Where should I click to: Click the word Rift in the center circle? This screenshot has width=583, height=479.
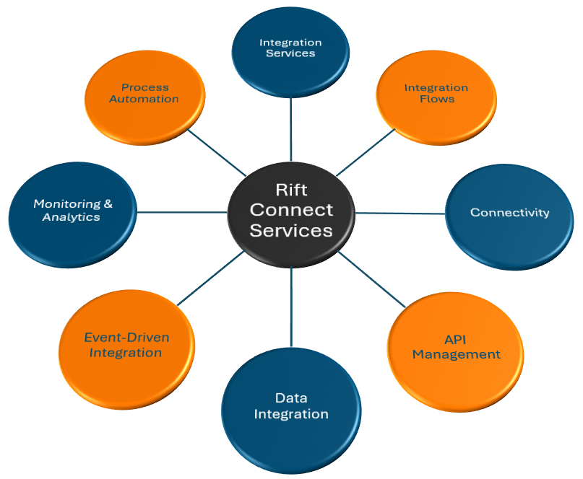[291, 189]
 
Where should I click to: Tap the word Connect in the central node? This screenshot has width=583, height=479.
[291, 210]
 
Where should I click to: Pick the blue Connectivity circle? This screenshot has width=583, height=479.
[509, 213]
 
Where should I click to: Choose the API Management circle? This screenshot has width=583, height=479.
[456, 347]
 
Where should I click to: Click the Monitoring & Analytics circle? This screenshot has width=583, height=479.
[72, 210]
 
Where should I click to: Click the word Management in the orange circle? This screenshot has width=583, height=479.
[456, 354]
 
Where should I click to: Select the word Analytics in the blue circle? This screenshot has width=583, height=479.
[71, 217]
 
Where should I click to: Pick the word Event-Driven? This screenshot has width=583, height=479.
[126, 337]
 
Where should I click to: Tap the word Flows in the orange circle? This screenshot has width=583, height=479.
[436, 99]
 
